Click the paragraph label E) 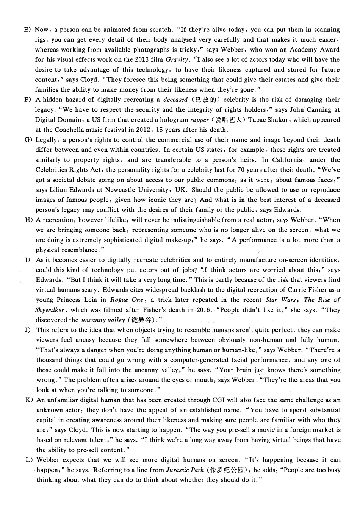[x=27, y=30]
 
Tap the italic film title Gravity [x=177, y=59]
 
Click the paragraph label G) [x=28, y=140]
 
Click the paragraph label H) [x=28, y=220]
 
